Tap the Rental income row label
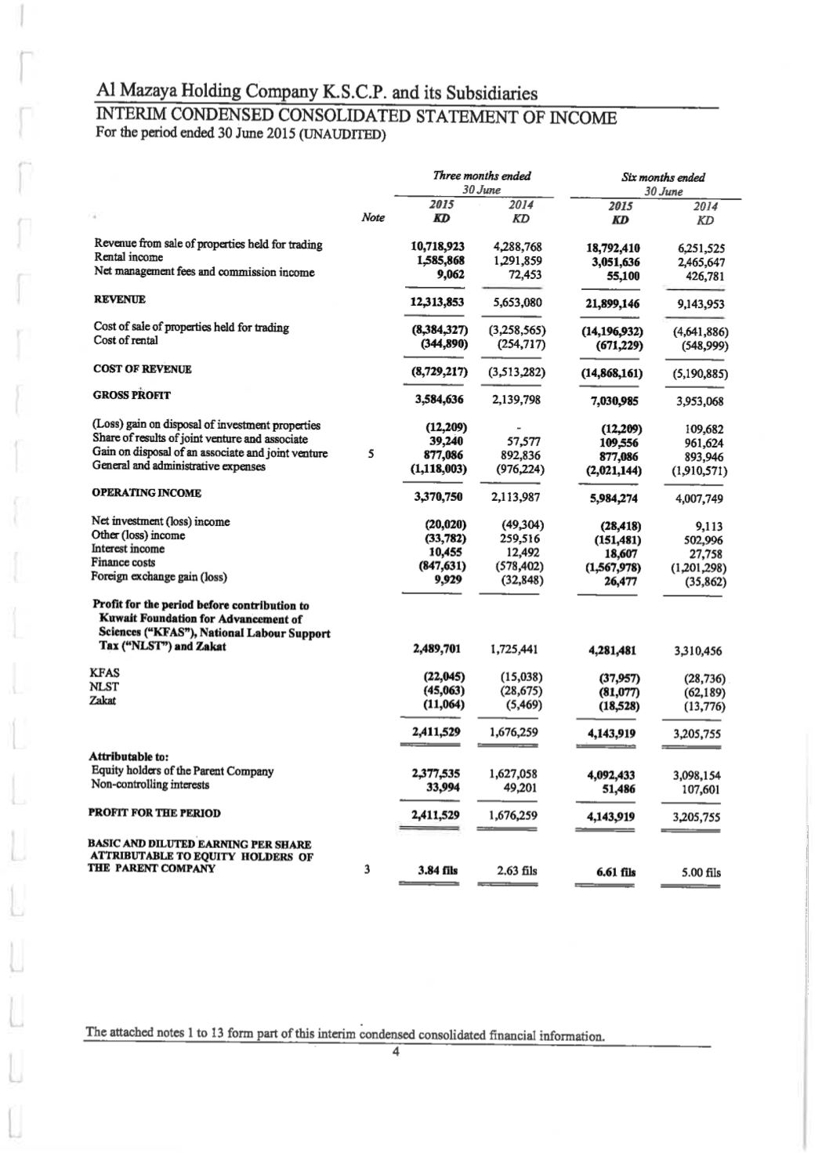(x=129, y=257)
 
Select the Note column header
(x=373, y=218)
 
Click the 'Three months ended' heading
(x=481, y=176)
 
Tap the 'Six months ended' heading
(x=663, y=177)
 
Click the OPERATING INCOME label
(x=147, y=493)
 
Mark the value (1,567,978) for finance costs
(x=610, y=567)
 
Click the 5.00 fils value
(x=701, y=872)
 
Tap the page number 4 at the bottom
(x=397, y=1052)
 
